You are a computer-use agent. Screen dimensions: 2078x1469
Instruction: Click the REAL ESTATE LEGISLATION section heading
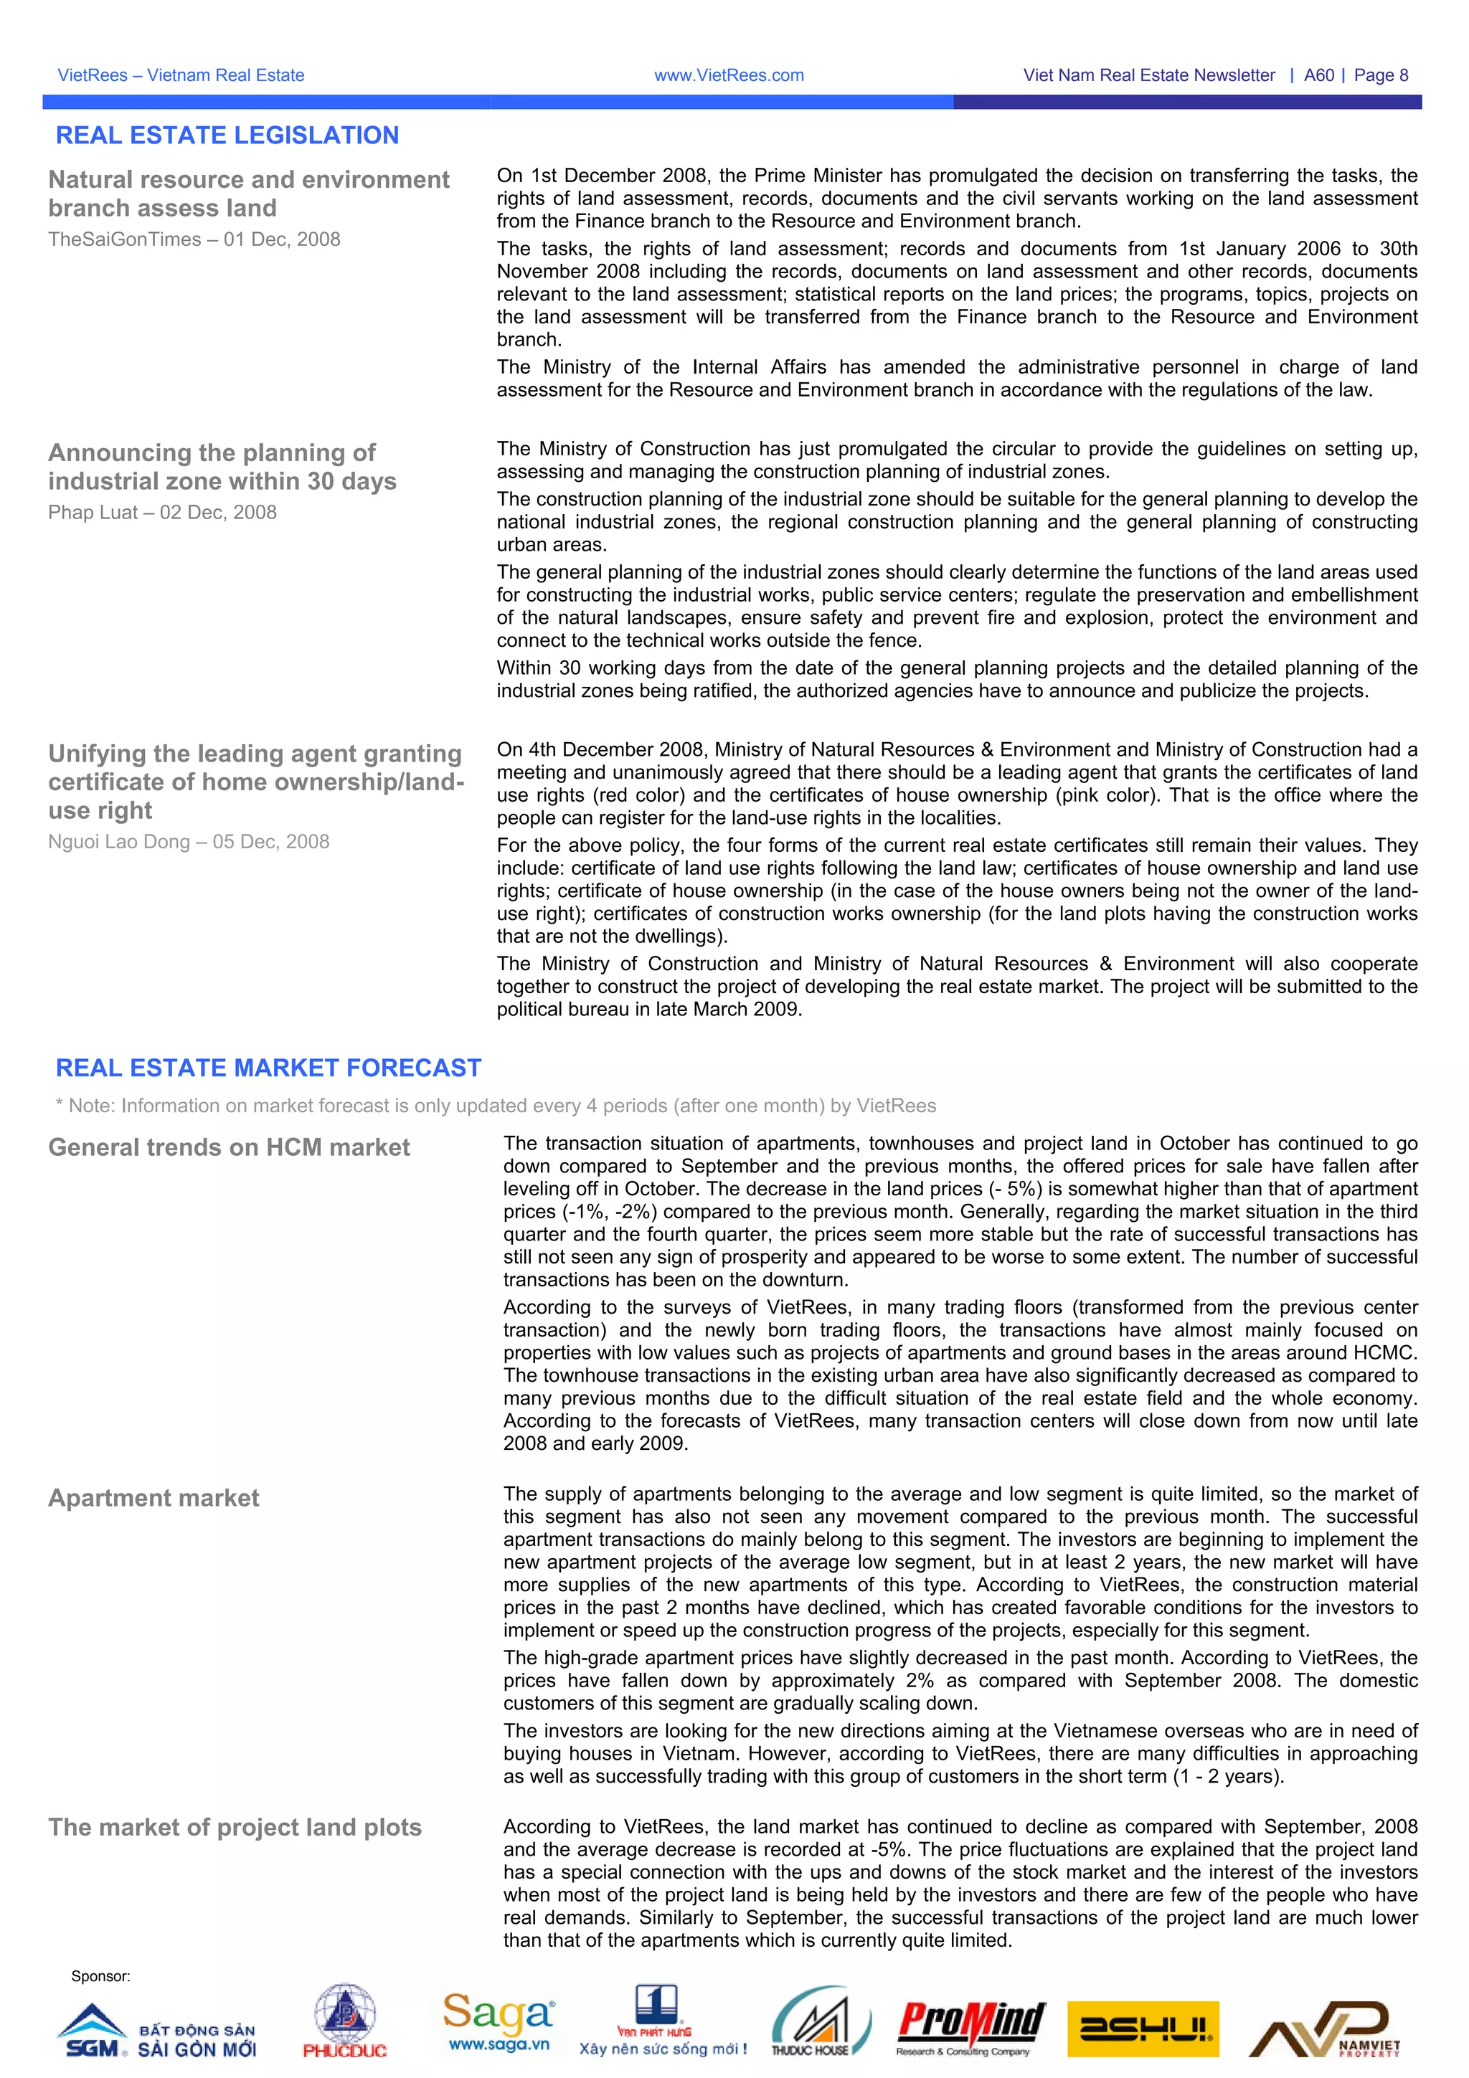227,136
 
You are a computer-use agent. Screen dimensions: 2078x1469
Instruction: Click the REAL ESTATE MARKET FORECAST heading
268,1068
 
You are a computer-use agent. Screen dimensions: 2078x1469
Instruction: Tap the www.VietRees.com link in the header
729,76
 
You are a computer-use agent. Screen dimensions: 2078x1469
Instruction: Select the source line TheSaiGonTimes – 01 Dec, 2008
194,239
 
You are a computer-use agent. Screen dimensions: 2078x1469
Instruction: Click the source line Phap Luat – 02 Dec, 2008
163,512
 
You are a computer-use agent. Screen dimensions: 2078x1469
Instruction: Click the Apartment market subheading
154,1498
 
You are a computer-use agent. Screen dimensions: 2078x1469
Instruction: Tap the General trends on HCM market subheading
229,1147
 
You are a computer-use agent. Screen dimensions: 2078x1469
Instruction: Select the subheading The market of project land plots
235,1827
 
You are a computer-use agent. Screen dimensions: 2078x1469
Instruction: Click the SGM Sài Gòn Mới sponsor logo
156,2033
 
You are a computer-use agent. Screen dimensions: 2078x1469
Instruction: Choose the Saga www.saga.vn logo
499,2024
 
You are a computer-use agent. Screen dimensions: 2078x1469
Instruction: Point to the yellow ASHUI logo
1144,2030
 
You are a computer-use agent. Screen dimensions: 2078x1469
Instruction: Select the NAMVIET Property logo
1324,2030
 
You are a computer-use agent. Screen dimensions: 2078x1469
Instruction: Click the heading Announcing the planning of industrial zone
222,467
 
